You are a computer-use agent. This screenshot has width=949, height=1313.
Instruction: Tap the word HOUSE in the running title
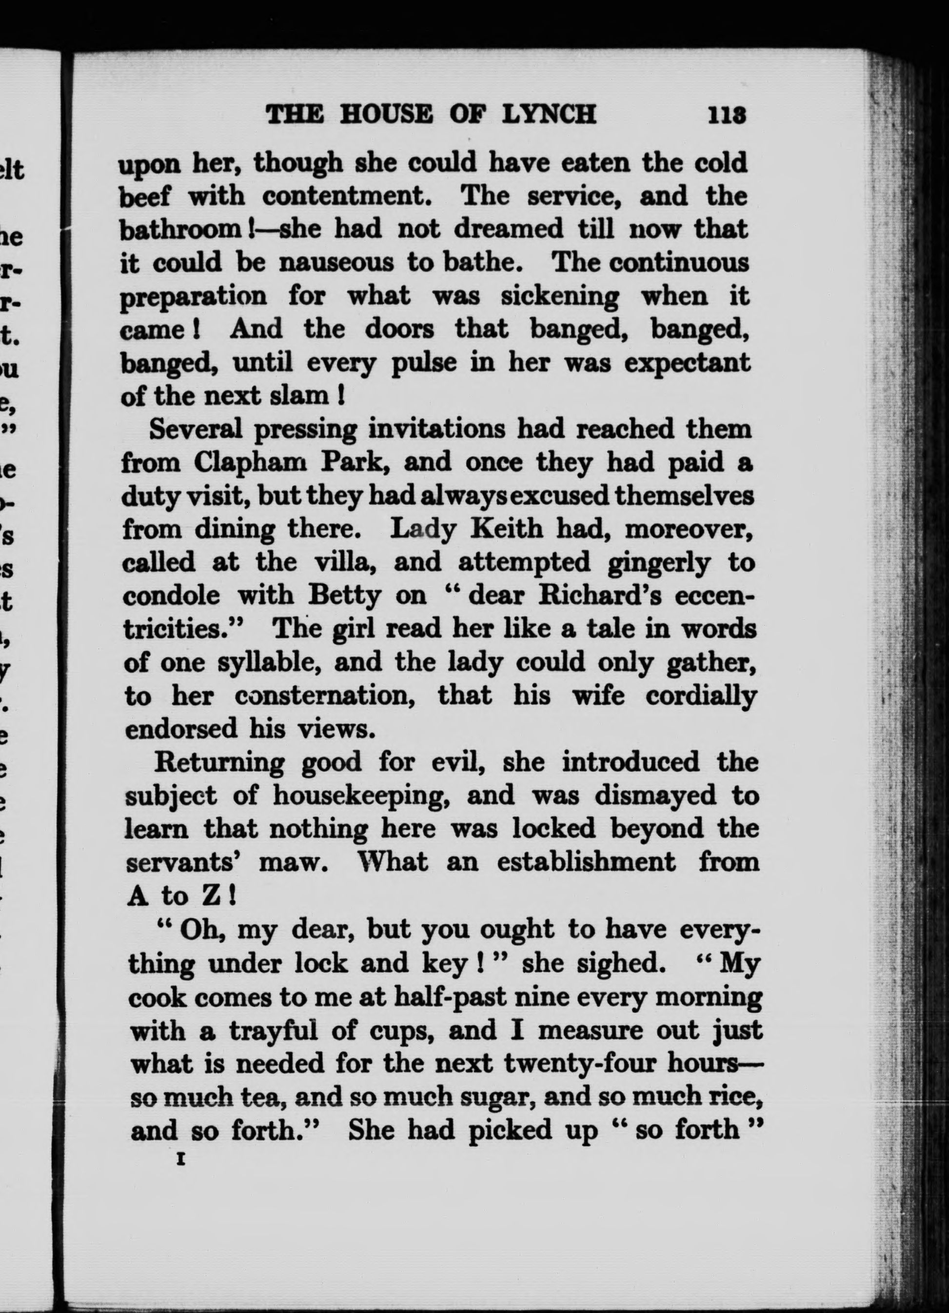[x=386, y=114]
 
